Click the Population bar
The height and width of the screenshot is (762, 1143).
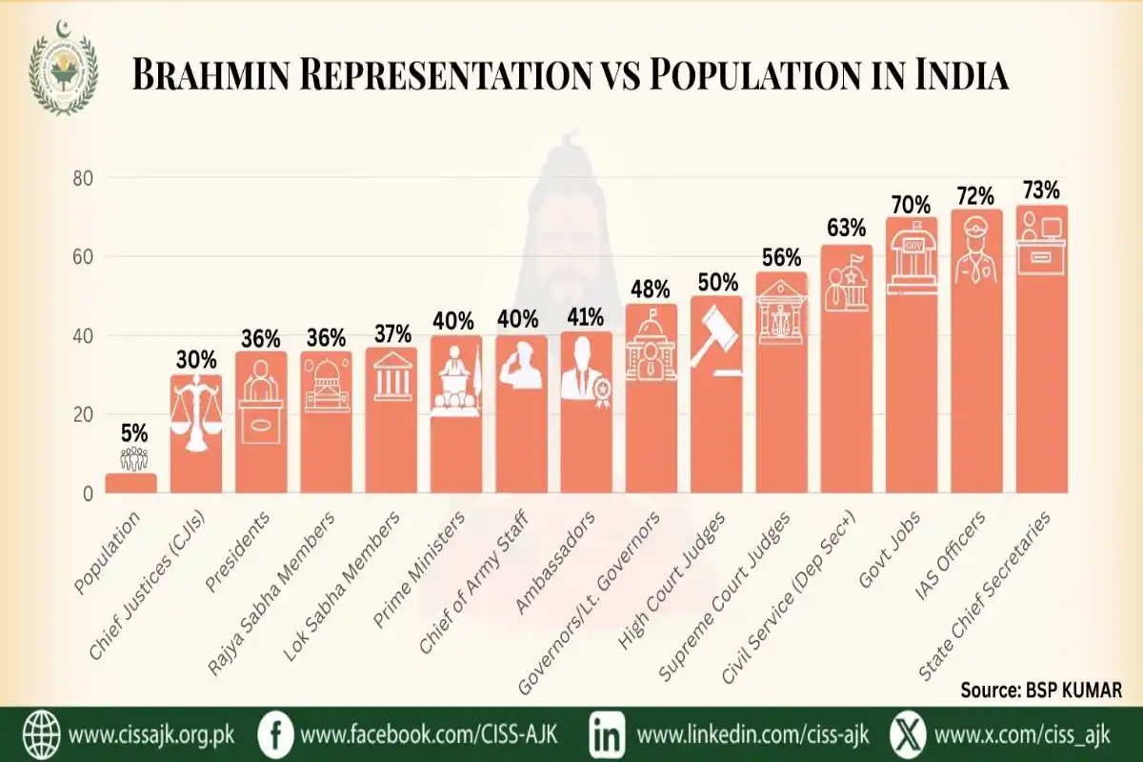tap(130, 483)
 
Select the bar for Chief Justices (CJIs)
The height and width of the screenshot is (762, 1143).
tap(195, 433)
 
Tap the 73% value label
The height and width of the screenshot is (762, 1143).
tap(1040, 190)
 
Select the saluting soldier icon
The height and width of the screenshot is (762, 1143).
tap(520, 367)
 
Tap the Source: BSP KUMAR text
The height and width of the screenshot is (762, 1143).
tap(1040, 688)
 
